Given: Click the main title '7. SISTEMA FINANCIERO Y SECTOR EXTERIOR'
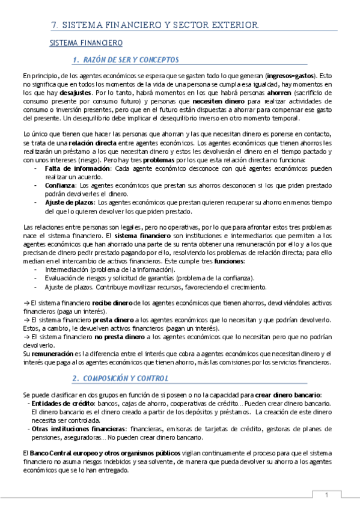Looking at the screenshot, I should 155,25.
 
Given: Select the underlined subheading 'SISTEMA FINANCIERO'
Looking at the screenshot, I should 85,43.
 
